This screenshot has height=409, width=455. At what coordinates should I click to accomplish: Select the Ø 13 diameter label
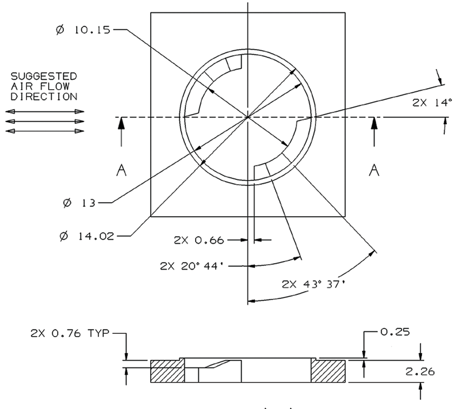coord(79,203)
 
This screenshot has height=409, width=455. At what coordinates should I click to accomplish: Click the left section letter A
coord(122,170)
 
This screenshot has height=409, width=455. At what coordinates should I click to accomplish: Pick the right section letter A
coord(373,170)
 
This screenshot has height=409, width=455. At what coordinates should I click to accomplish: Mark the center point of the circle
coord(247,117)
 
